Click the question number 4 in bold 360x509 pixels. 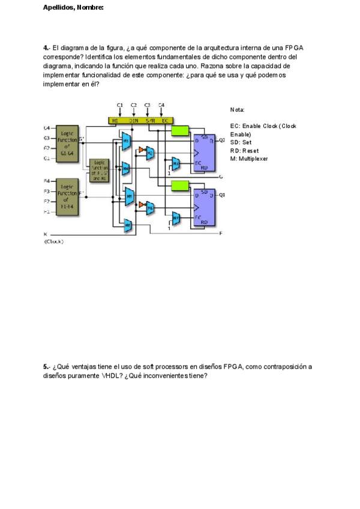(x=46, y=47)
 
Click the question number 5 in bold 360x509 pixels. (x=46, y=367)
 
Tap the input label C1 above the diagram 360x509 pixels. (x=120, y=105)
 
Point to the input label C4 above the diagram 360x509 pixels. (x=161, y=105)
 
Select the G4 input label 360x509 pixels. (x=46, y=128)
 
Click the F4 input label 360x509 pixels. (x=46, y=181)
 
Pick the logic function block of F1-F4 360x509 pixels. (x=67, y=196)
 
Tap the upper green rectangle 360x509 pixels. (x=180, y=130)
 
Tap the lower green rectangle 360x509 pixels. (x=180, y=185)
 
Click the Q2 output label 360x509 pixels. (x=221, y=140)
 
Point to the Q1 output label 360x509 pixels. (x=221, y=195)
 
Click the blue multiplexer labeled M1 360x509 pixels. (x=126, y=140)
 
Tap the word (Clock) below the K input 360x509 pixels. (x=53, y=241)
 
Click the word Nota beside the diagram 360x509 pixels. (x=237, y=110)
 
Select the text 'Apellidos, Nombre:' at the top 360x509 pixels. (x=73, y=8)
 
